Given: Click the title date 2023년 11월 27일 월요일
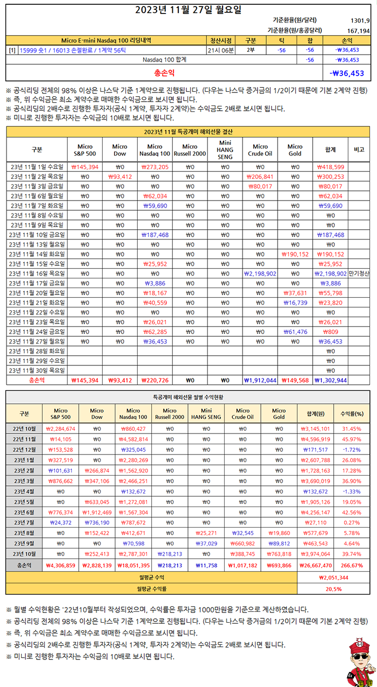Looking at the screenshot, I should [x=188, y=9].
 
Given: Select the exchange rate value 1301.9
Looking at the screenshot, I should [x=359, y=21].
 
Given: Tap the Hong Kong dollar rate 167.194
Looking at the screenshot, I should [x=358, y=31].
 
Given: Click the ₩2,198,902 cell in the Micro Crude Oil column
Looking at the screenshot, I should [x=260, y=274].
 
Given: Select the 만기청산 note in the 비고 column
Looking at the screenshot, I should [x=359, y=274].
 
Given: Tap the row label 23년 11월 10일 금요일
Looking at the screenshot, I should [x=36, y=235].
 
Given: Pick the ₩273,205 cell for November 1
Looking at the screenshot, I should [x=154, y=166].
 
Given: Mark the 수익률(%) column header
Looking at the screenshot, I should [x=352, y=414].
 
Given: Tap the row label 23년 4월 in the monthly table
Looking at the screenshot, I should [x=24, y=491].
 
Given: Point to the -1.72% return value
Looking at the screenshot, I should [x=352, y=450].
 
